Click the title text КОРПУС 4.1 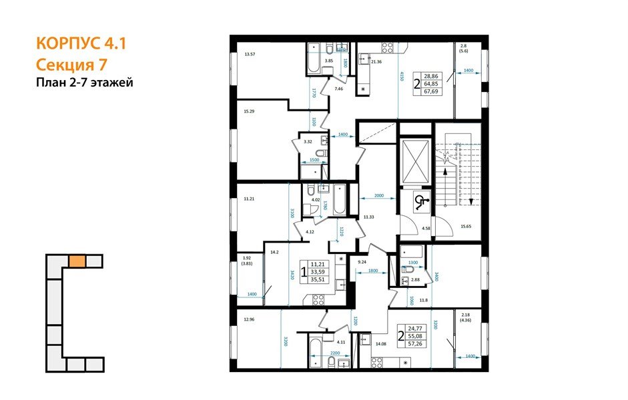[79, 45]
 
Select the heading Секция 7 [69, 65]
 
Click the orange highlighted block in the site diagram [77, 261]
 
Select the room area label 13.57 [250, 54]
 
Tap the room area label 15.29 [250, 111]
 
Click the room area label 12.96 [250, 319]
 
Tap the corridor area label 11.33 [368, 217]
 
